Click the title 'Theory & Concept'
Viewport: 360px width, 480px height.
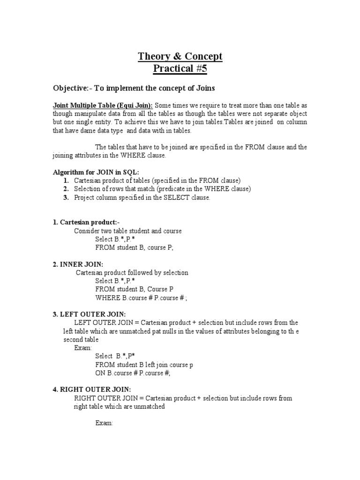tap(180, 57)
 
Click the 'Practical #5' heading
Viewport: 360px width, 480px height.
tap(180, 69)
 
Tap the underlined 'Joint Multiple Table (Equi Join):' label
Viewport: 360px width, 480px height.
tap(103, 105)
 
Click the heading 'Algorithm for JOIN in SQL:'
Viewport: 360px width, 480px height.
tap(96, 172)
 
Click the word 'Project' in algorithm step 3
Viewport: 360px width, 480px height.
tap(85, 197)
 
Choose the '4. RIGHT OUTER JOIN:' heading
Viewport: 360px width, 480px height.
tap(91, 390)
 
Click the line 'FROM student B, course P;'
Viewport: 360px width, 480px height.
tap(134, 247)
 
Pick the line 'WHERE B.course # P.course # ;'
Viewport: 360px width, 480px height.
tap(144, 298)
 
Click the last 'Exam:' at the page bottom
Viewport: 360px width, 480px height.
tap(104, 423)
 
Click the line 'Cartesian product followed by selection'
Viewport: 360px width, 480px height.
tap(132, 272)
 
